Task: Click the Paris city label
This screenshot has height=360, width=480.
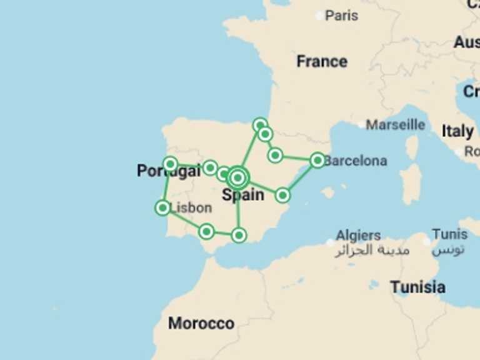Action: pyautogui.click(x=342, y=15)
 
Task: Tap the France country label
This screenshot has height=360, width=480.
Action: pyautogui.click(x=321, y=61)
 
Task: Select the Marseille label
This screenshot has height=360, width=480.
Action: pyautogui.click(x=395, y=124)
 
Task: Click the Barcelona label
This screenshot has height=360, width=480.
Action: pyautogui.click(x=356, y=161)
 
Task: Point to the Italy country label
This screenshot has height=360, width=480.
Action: pyautogui.click(x=457, y=131)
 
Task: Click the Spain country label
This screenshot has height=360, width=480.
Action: pyautogui.click(x=243, y=195)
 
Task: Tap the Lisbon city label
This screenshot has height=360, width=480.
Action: pyautogui.click(x=191, y=207)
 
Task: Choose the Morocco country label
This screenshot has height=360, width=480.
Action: pyautogui.click(x=201, y=323)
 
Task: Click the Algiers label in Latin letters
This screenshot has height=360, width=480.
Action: pyautogui.click(x=358, y=236)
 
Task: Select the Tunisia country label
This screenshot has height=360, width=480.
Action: pyautogui.click(x=417, y=287)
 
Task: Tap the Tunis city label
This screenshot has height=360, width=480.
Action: pyautogui.click(x=449, y=234)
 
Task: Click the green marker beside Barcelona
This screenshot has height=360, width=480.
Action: pyautogui.click(x=317, y=160)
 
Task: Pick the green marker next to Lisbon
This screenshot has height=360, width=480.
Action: pyautogui.click(x=162, y=207)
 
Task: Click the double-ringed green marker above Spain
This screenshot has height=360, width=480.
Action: pyautogui.click(x=237, y=177)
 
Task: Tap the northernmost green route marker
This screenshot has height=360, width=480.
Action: pyautogui.click(x=260, y=124)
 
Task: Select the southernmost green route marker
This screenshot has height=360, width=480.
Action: pyautogui.click(x=239, y=235)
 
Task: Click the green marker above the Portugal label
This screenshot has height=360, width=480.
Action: pyautogui.click(x=170, y=164)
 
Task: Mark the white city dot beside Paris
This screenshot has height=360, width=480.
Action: pyautogui.click(x=320, y=16)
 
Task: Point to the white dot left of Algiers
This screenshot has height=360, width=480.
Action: pyautogui.click(x=330, y=242)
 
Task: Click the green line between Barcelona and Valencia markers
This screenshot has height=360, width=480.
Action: pyautogui.click(x=300, y=178)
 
